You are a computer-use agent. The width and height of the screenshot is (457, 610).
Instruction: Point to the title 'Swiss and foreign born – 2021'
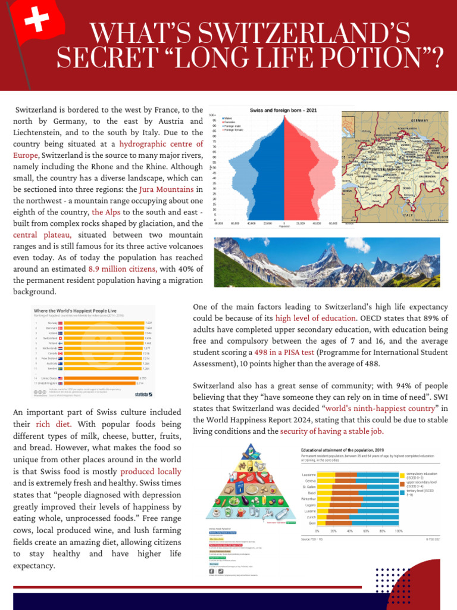(283, 111)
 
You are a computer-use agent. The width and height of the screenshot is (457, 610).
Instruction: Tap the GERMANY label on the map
(419, 120)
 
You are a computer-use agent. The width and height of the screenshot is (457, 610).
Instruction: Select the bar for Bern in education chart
(357, 522)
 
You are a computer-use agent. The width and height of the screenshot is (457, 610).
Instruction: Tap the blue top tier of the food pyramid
(251, 450)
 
